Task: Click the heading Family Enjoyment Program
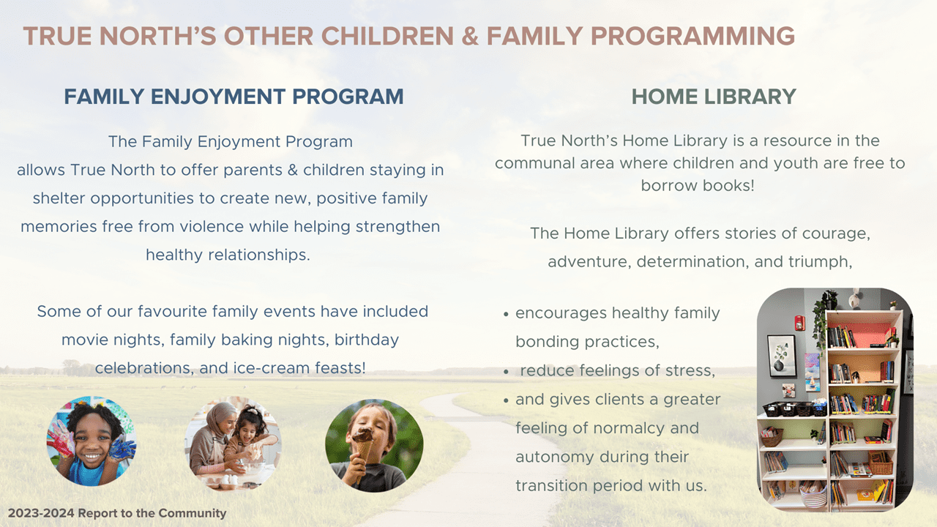pos(234,96)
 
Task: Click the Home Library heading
pos(714,96)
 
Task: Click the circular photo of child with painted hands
pos(92,442)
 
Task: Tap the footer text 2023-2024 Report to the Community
pos(117,513)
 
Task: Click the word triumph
pos(820,262)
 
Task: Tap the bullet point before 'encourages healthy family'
pos(507,314)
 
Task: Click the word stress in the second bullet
pos(689,370)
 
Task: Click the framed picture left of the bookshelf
pos(781,356)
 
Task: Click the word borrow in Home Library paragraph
pos(669,185)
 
